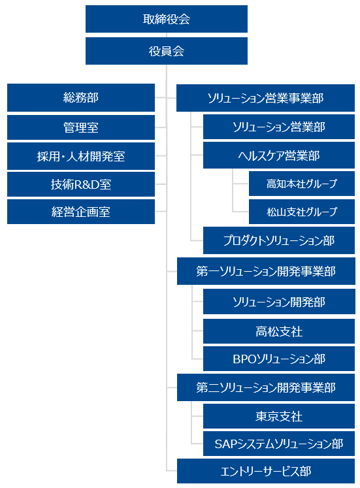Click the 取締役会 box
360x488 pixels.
pos(167,19)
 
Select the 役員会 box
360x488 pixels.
pos(167,51)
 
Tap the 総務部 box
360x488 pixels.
pos(81,97)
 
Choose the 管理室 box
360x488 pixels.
pos(81,127)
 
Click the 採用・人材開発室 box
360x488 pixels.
pos(81,156)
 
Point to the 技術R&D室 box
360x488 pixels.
pos(81,185)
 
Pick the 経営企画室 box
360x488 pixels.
pos(81,212)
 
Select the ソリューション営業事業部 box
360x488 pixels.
pos(265,98)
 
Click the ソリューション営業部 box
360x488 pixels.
pos(279,127)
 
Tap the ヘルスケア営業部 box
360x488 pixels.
pos(279,155)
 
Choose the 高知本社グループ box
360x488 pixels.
pos(302,184)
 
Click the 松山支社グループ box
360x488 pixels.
pos(302,212)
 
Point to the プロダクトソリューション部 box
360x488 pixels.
pos(279,240)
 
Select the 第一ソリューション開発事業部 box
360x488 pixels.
pos(266,271)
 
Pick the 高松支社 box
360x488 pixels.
pos(279,331)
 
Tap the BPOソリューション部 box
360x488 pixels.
pos(279,359)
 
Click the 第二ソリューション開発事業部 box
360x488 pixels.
pos(266,387)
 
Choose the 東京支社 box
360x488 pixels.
pos(279,416)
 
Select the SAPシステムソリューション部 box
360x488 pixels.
pos(279,444)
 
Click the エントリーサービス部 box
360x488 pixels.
pos(266,471)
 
